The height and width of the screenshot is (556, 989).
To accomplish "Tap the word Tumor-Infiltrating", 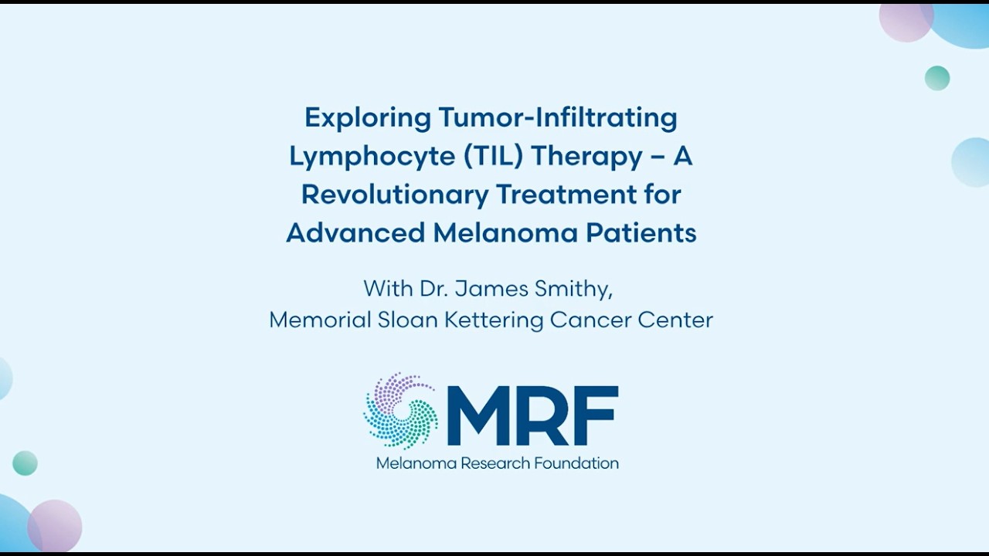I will tap(558, 118).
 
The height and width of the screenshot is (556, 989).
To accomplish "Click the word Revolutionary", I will tap(394, 195).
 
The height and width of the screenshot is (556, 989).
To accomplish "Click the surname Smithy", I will tap(575, 290).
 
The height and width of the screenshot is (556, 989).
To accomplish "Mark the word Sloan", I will tap(407, 320).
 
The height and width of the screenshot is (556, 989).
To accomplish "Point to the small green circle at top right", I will tap(937, 78).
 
